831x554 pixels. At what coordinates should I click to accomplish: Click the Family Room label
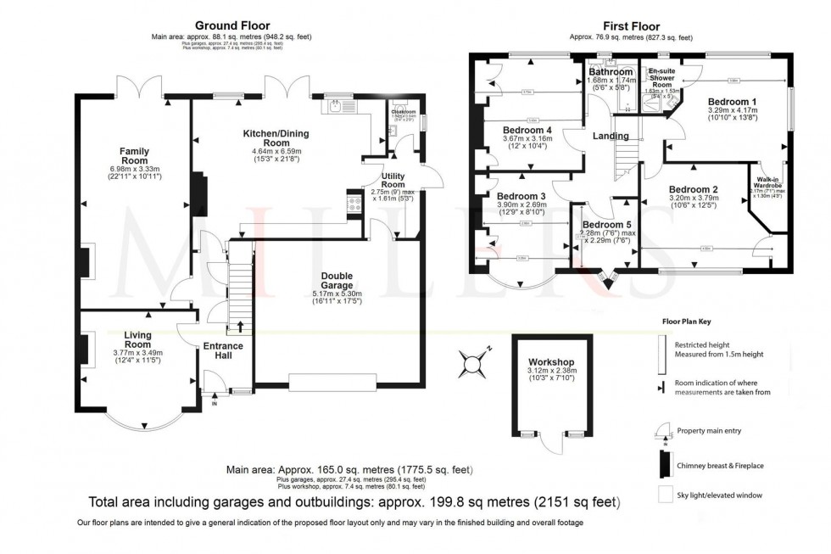(134, 155)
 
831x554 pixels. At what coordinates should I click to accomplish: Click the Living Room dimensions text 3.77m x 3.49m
(137, 354)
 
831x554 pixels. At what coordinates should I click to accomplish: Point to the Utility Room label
(393, 179)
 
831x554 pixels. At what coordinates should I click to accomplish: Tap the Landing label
(611, 136)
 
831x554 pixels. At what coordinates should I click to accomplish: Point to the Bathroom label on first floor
(611, 73)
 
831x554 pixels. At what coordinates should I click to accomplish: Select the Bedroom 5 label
(601, 224)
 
